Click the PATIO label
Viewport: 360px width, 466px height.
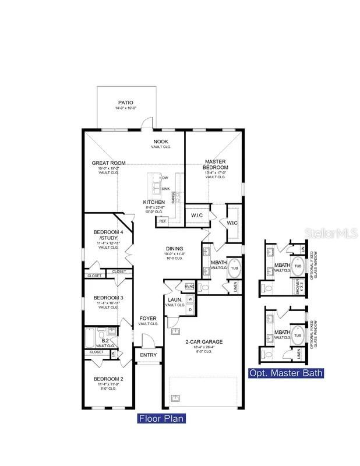point(126,101)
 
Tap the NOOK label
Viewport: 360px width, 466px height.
point(161,142)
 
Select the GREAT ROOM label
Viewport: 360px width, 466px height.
point(108,163)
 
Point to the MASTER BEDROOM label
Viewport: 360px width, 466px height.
point(216,164)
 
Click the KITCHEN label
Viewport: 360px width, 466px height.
point(154,202)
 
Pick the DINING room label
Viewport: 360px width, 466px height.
point(174,248)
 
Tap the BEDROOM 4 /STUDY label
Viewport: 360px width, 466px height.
point(108,235)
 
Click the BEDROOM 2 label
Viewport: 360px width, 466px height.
point(108,379)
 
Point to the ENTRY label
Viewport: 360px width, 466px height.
point(149,355)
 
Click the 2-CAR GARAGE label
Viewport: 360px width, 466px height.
point(204,342)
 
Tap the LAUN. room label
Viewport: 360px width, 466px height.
point(175,299)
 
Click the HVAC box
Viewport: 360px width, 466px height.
point(189,287)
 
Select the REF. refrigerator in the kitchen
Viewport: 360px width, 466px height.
point(163,221)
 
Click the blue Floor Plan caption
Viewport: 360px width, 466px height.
point(161,418)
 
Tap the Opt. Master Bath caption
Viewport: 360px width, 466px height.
point(285,373)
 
